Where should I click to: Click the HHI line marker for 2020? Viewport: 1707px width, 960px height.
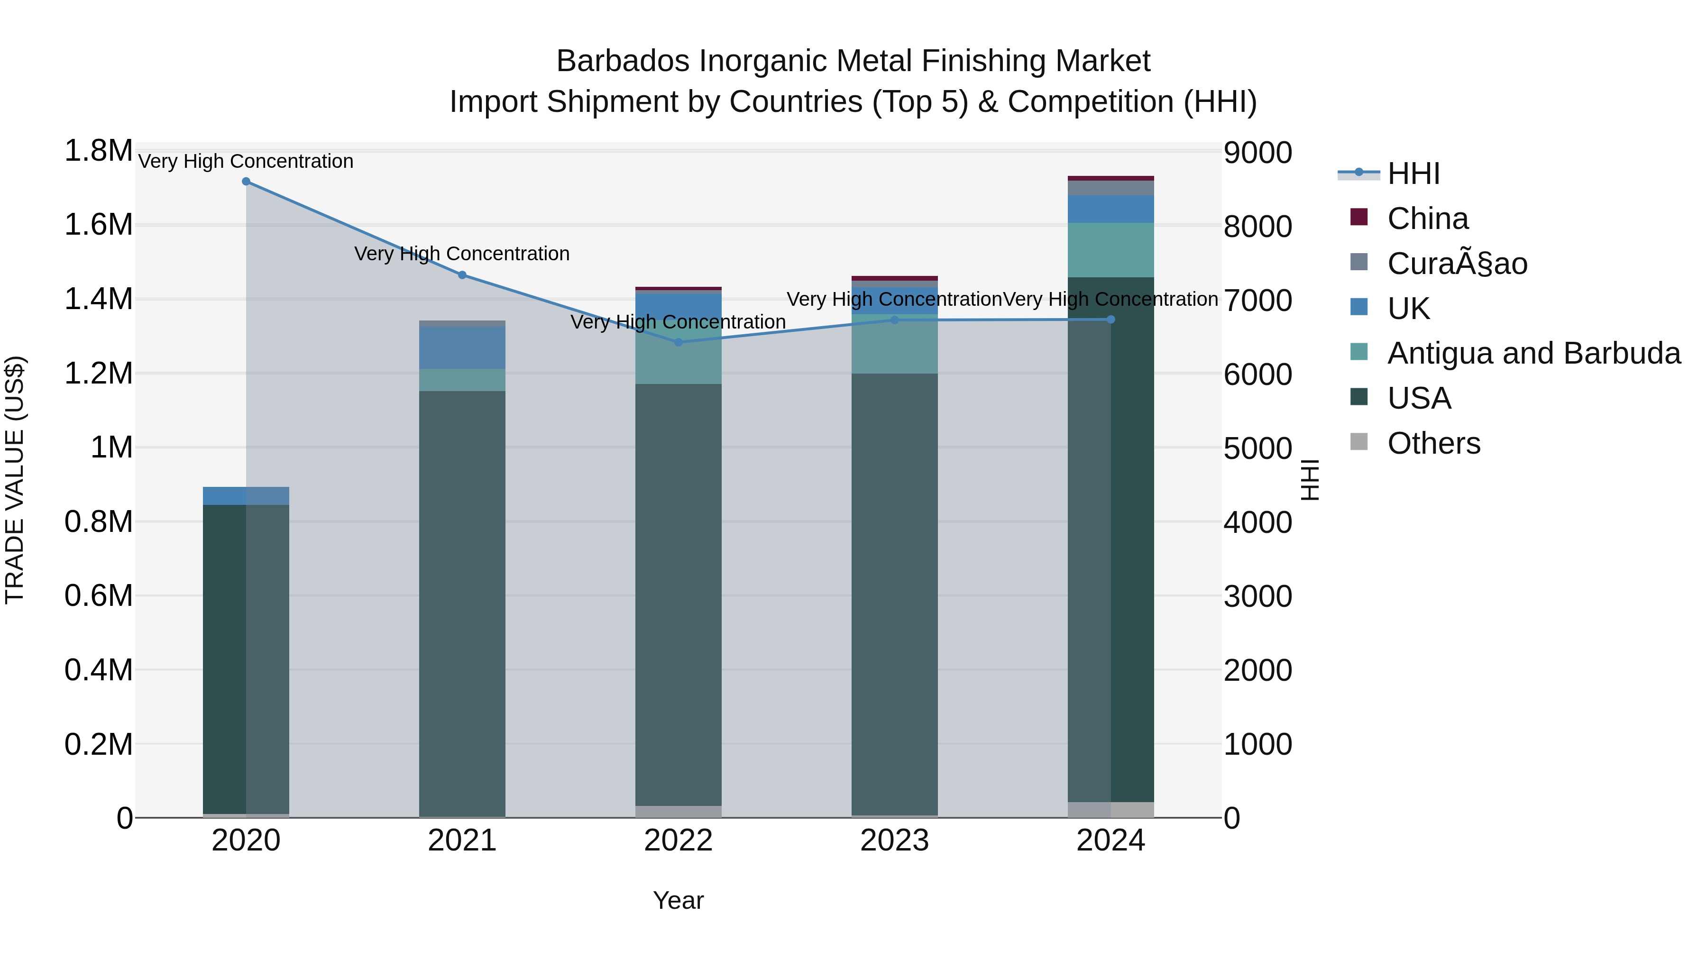pos(246,182)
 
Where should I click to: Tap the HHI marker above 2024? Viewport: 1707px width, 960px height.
pos(1110,320)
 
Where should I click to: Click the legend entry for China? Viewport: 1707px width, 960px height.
pos(1427,219)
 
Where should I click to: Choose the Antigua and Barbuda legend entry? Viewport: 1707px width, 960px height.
pos(1533,353)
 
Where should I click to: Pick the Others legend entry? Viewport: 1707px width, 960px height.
pos(1433,443)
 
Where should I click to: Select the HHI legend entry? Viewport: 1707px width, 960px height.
pos(1413,174)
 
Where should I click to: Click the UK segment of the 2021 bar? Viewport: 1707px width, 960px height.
pos(462,347)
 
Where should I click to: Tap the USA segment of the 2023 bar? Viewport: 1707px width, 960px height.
pos(894,596)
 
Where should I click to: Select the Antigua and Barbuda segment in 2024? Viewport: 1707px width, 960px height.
pos(1110,250)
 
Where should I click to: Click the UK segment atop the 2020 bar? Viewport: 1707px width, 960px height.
pos(246,495)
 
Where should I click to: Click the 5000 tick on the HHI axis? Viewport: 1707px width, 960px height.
pos(1257,448)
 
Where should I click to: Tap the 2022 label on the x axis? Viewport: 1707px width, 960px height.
pos(678,841)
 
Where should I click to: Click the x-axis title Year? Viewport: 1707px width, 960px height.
pos(678,900)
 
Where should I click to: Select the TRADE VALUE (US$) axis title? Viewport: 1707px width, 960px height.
pos(15,480)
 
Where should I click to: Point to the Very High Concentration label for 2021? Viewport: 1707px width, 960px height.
pos(462,254)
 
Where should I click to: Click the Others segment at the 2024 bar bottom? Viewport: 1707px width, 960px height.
pos(1110,810)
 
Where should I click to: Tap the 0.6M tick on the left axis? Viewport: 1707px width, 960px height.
pos(98,595)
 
